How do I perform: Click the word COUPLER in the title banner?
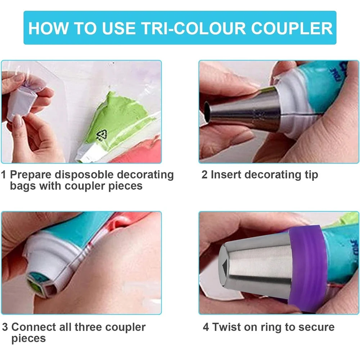[x=292, y=28]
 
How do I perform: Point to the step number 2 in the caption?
[x=204, y=175]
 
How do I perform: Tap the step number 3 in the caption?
[x=5, y=327]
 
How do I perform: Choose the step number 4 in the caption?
[x=206, y=327]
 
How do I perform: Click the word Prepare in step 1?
[x=31, y=175]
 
